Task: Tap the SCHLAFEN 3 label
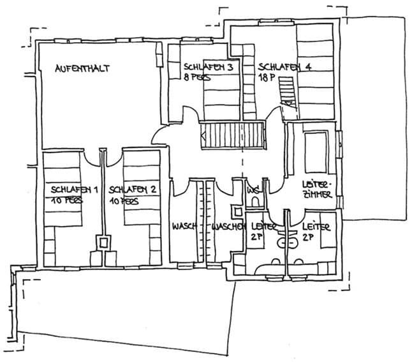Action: [203, 66]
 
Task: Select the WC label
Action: [253, 190]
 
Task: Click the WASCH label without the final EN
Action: [183, 227]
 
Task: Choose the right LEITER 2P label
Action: [315, 230]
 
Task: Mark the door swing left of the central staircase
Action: [159, 135]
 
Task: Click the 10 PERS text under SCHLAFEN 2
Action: [125, 200]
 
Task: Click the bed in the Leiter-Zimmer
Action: [315, 148]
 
